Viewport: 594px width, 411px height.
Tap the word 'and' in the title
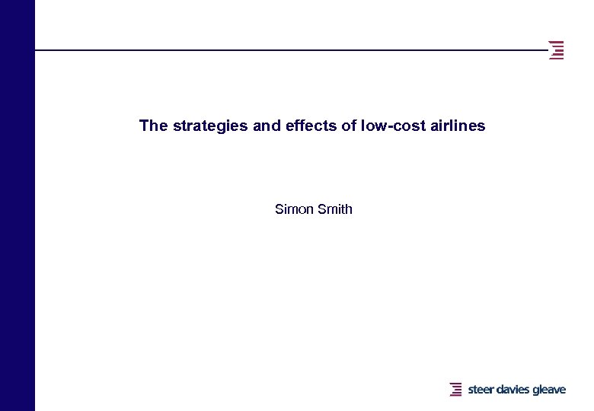267,126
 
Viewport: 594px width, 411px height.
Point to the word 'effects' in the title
310,126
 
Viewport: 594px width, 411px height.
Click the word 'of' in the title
349,126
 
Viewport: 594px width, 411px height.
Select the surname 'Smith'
335,209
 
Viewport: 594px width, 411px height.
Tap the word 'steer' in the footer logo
481,390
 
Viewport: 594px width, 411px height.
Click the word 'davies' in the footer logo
513,390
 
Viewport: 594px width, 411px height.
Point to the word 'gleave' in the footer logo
549,390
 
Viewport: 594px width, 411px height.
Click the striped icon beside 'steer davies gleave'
455,390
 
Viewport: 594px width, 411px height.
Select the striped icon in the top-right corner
557,49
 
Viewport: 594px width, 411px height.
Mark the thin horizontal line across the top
289,50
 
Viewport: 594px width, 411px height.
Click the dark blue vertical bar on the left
17,205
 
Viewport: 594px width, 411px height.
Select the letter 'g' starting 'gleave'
535,390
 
